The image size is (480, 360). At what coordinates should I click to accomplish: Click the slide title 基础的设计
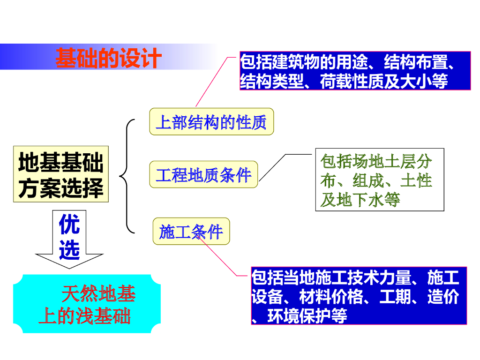[108, 58]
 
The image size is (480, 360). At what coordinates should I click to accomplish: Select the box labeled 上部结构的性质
[211, 122]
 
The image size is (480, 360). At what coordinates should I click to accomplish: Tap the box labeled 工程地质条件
[203, 175]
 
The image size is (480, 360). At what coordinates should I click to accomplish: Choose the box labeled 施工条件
[191, 232]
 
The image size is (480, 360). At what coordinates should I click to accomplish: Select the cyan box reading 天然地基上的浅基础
[87, 305]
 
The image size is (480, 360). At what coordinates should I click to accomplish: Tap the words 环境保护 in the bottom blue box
[299, 316]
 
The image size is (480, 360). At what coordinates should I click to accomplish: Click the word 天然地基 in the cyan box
[98, 294]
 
